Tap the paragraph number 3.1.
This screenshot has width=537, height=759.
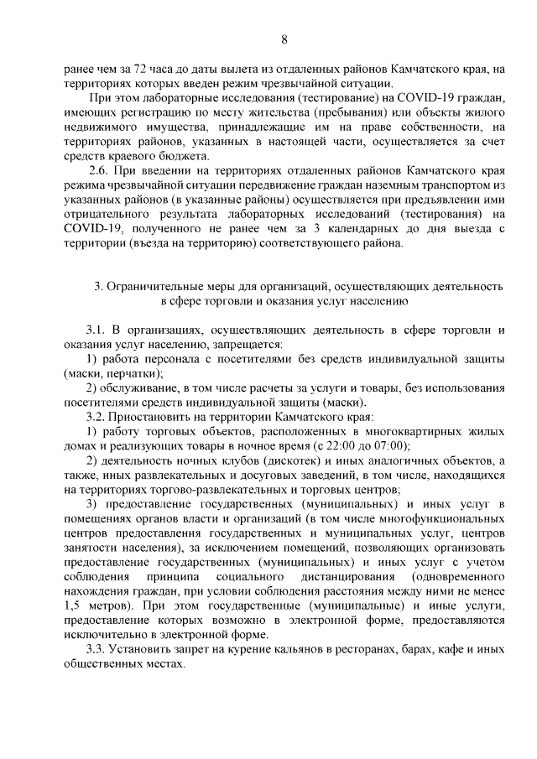(x=97, y=330)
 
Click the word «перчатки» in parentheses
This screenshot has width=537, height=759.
(x=133, y=373)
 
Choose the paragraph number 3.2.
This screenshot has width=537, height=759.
(x=97, y=417)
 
